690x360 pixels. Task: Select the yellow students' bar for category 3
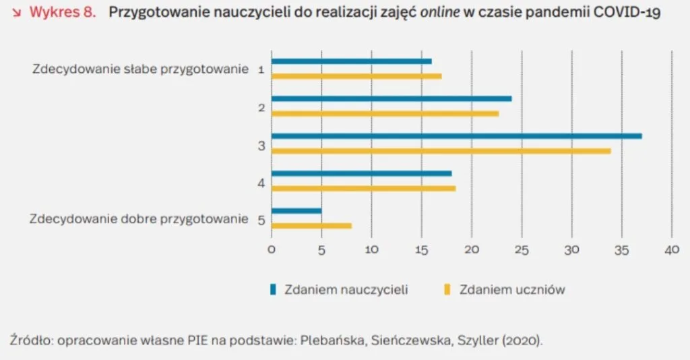coord(441,151)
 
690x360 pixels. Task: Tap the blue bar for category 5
coord(296,211)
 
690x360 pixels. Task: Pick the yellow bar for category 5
coord(311,225)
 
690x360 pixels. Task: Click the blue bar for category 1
coord(351,61)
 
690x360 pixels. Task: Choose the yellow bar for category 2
coord(385,113)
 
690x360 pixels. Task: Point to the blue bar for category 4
coord(361,173)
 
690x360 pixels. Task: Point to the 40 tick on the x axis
coord(671,249)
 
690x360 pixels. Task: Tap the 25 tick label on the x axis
coord(521,249)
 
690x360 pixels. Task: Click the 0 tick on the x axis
coord(272,249)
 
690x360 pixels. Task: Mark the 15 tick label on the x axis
coord(421,249)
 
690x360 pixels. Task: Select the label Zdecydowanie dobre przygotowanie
coord(139,219)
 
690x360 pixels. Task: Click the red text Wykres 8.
coord(63,13)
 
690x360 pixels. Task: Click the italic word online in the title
coord(439,13)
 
